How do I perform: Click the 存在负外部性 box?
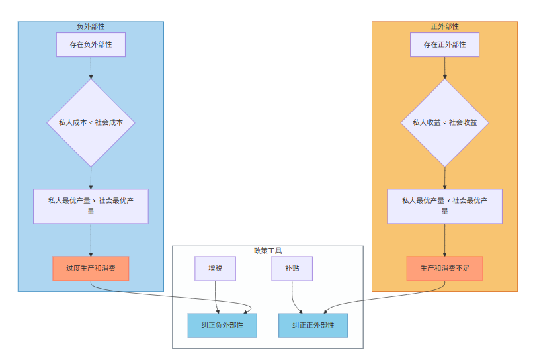click(91, 45)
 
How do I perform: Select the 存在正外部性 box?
click(444, 45)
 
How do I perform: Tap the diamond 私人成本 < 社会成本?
click(91, 123)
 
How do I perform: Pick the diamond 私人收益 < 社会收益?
click(444, 123)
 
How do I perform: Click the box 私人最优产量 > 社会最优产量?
click(91, 206)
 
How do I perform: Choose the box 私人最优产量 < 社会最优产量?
click(444, 206)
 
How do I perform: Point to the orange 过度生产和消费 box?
click(91, 269)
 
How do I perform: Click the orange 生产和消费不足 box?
click(444, 269)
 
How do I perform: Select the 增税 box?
click(216, 269)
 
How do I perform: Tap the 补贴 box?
click(292, 269)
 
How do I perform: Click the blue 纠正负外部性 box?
click(222, 326)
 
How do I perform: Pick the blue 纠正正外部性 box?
click(313, 326)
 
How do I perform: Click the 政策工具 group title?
click(268, 251)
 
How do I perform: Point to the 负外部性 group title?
click(91, 26)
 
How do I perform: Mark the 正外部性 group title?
click(444, 26)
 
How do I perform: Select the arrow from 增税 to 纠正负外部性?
click(216, 296)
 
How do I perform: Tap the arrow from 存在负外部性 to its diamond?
click(91, 67)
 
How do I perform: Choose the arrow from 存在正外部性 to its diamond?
click(444, 67)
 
